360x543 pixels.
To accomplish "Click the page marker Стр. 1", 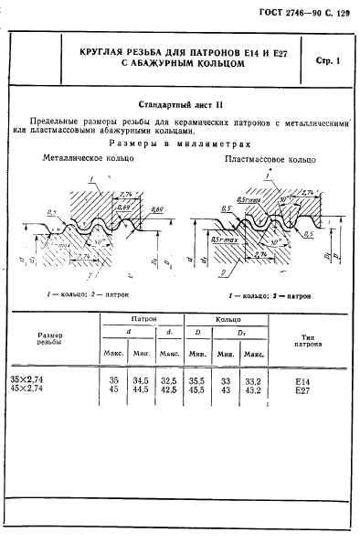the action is (x=325, y=61).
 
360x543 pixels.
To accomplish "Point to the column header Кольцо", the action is (x=227, y=317).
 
